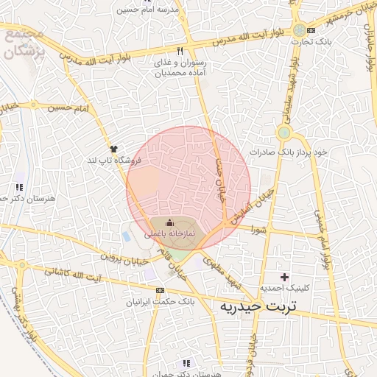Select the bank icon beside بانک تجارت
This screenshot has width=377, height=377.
[311, 30]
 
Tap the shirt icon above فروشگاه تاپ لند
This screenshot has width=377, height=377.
[113, 149]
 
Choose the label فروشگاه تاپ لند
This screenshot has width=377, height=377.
[113, 160]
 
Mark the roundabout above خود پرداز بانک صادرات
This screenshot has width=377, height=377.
[284, 133]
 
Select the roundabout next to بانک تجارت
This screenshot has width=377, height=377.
[298, 30]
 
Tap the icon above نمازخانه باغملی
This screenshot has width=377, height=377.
[169, 222]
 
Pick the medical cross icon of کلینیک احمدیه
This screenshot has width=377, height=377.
[286, 275]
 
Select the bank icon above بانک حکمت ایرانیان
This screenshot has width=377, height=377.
[160, 290]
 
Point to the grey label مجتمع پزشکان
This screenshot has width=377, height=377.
[27, 44]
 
